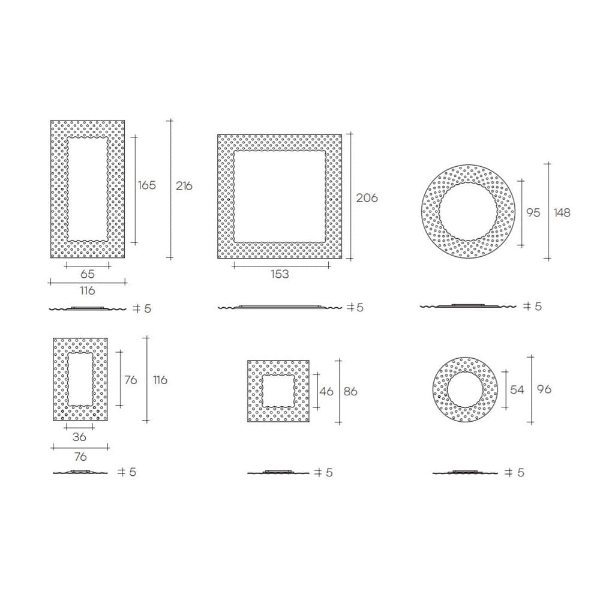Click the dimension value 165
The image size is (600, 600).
coord(146,185)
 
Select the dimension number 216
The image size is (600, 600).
coord(184,186)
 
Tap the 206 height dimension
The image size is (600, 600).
coord(367,197)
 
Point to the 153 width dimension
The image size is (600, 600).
coord(280,274)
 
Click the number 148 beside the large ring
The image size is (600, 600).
coord(562,212)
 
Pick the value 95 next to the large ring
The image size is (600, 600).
coord(533,212)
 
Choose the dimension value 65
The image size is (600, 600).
coord(88,274)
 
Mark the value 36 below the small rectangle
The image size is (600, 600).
coord(79,437)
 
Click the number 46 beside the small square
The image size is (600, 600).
coord(326,391)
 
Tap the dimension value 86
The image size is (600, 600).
coord(350,391)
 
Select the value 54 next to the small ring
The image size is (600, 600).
coord(517,389)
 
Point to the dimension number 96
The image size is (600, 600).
coord(544,389)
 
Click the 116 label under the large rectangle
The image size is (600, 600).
coord(88,291)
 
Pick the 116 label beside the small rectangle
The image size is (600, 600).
coord(160,380)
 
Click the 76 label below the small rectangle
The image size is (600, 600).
coord(80,457)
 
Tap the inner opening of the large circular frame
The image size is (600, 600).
coord(469,212)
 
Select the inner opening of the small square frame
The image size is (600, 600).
coord(278,391)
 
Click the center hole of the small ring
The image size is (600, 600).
coord(465,390)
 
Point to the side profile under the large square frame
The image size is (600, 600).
coord(279,307)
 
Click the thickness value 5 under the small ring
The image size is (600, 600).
coord(520,473)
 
